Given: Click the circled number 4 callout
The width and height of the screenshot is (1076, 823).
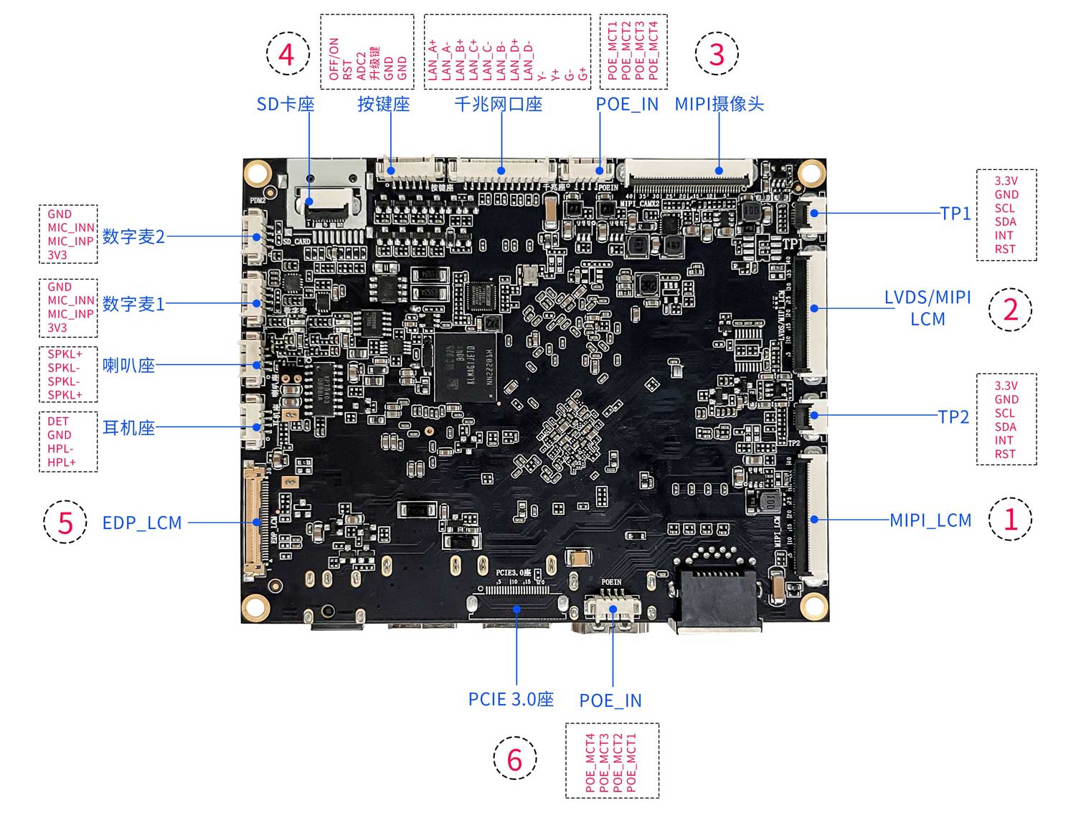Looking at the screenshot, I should [287, 54].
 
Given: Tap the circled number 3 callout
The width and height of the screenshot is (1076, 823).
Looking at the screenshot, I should [716, 54].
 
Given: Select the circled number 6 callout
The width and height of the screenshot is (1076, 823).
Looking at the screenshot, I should [514, 758].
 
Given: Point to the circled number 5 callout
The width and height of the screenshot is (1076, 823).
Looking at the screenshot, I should [65, 521].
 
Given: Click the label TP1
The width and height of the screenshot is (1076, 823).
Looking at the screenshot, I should [955, 213].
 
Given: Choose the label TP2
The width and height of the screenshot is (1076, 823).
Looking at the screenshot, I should [953, 417].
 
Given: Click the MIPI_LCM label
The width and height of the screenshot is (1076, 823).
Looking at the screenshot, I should [930, 520].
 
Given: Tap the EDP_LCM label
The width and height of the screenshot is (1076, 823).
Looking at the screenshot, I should [142, 523].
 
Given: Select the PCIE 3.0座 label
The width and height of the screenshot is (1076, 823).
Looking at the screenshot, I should [511, 699].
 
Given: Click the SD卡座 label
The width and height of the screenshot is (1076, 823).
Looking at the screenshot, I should [285, 105].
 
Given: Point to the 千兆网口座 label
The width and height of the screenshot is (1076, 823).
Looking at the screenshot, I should [498, 105].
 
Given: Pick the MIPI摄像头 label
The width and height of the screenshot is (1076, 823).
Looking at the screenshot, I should [719, 105].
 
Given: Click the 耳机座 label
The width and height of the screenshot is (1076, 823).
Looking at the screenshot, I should [128, 428].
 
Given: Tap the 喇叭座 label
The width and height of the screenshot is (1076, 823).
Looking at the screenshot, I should [128, 366].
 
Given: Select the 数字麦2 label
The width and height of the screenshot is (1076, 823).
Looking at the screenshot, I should [133, 237].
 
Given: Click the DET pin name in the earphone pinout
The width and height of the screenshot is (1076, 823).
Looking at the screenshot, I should [57, 422].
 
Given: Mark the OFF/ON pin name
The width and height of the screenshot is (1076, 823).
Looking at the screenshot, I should [334, 59].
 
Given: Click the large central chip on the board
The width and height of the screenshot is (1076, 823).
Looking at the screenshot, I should [466, 366].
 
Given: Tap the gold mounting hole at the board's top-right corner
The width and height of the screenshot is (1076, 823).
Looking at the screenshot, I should [811, 173].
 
